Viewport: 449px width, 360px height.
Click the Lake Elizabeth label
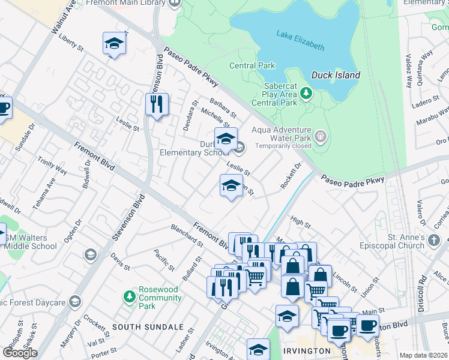pos(300,40)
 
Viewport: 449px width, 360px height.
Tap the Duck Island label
pos(336,75)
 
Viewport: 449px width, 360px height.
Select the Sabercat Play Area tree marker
pos(307,93)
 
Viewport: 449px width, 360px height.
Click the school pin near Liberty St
pos(113,43)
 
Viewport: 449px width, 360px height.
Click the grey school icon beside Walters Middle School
pos(91,255)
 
